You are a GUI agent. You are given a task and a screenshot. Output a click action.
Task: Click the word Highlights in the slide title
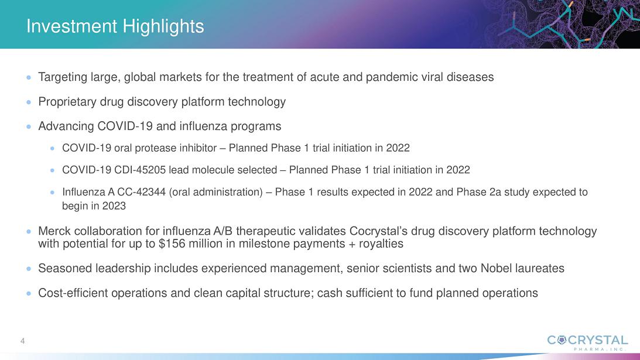click(x=163, y=27)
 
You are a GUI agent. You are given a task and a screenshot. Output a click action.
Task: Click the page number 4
click(x=22, y=341)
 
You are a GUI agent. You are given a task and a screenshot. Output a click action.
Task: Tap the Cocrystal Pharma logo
click(x=587, y=342)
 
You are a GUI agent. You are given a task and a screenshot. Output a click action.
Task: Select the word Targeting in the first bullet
click(x=63, y=77)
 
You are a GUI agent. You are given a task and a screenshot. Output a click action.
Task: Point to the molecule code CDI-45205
click(x=140, y=170)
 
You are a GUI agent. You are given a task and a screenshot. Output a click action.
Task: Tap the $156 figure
click(x=173, y=244)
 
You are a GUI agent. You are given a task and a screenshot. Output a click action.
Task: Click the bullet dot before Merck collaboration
click(x=29, y=231)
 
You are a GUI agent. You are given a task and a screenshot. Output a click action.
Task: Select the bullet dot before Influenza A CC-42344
click(x=52, y=192)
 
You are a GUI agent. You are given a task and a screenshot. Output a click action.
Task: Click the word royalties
click(x=381, y=244)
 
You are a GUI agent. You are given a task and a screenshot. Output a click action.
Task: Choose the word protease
click(x=156, y=148)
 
